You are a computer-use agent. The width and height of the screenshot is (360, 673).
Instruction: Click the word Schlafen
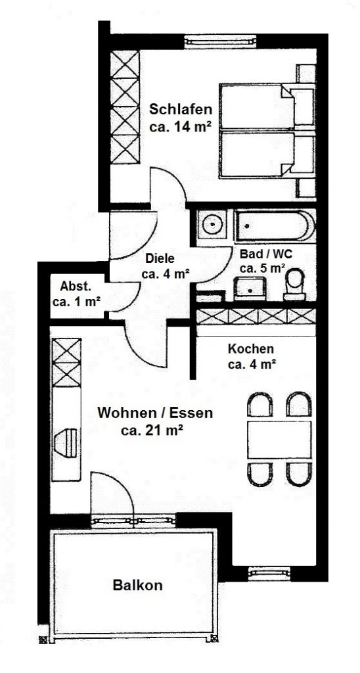(x=180, y=110)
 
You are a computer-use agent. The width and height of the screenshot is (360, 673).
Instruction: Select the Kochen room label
(x=250, y=349)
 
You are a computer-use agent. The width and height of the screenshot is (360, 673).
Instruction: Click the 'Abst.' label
(x=76, y=287)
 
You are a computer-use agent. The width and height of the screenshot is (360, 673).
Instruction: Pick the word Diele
(x=160, y=259)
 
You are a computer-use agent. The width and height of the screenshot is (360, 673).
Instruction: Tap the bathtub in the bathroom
(x=275, y=226)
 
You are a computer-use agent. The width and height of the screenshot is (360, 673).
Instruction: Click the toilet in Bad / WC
(x=294, y=284)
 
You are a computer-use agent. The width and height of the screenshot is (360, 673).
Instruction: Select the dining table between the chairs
(x=279, y=440)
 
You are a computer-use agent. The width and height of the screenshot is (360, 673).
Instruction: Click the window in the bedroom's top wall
(x=221, y=41)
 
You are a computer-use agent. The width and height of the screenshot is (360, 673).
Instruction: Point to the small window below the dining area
(x=269, y=572)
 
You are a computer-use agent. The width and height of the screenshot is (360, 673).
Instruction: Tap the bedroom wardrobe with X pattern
(x=125, y=107)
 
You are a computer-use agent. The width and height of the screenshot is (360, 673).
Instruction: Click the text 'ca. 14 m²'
(x=180, y=128)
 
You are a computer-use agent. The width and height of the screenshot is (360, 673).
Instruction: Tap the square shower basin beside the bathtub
(x=212, y=225)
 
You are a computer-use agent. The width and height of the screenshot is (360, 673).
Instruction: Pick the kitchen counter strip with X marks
(x=256, y=316)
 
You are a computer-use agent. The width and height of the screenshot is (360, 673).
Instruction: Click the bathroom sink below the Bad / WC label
(x=250, y=288)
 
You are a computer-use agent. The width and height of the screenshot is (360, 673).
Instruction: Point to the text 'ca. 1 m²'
(x=76, y=302)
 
